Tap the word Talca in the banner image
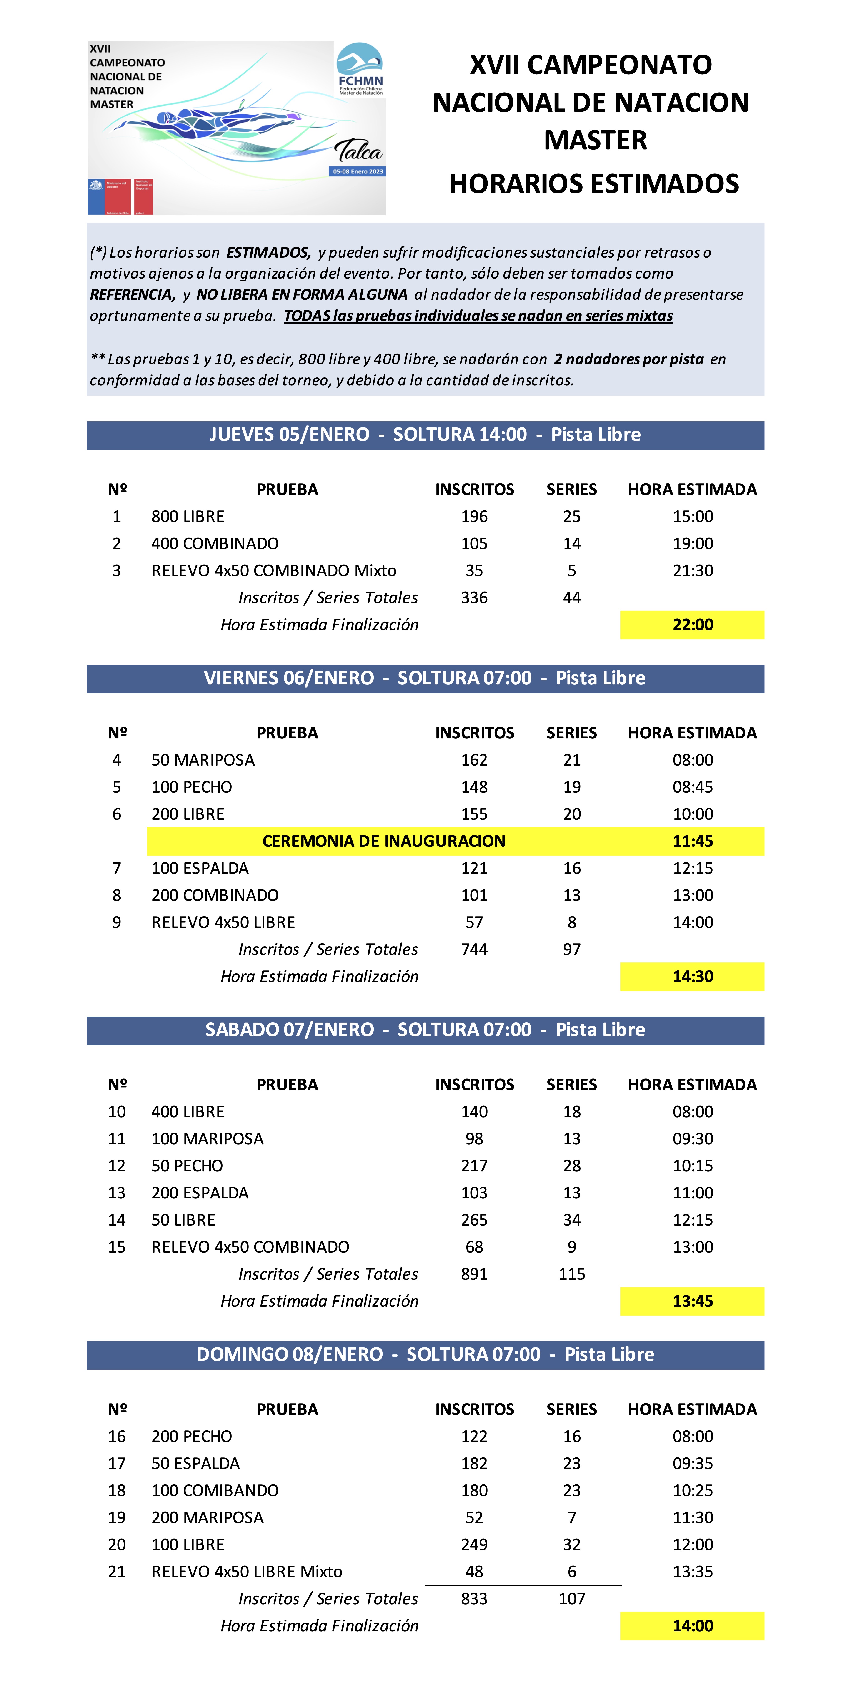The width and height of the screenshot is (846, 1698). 358,151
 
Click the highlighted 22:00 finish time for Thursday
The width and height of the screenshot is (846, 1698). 693,624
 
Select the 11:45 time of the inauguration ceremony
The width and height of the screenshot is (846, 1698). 693,841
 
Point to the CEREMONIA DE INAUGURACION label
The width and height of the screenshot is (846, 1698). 383,841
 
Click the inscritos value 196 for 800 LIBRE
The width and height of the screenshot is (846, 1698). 474,516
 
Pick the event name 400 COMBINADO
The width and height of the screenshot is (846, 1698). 215,543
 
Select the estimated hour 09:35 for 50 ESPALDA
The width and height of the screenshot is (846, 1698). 693,1463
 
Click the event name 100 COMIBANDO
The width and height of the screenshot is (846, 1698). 215,1490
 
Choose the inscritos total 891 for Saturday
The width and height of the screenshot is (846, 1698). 474,1273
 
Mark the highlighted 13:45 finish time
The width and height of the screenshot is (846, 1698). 693,1301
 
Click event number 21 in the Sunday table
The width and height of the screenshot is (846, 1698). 117,1571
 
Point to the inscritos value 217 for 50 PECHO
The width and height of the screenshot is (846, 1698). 474,1165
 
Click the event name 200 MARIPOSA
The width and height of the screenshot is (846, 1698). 208,1517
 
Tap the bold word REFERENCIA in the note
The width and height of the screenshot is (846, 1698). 132,295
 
